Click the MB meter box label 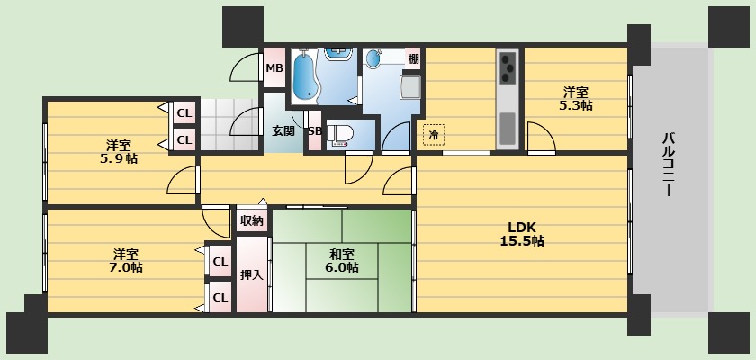[274, 68]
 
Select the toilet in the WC [340, 134]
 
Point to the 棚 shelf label [413, 59]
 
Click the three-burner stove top [508, 67]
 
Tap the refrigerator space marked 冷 [434, 134]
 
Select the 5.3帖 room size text [576, 105]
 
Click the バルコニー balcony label [668, 164]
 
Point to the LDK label [522, 228]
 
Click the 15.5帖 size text [522, 240]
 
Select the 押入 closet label [252, 274]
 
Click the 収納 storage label [252, 221]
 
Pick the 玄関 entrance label [283, 130]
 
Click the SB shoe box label [315, 131]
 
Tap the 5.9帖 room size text [119, 158]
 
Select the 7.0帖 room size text [126, 267]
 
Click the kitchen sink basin [508, 128]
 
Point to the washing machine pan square [410, 86]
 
